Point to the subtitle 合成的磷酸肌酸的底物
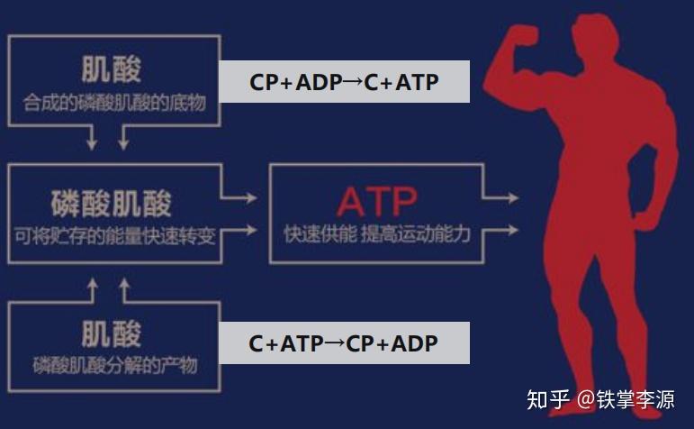[113, 104]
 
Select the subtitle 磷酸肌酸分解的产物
[113, 366]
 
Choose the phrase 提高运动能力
[420, 233]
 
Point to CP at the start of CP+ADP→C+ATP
[263, 82]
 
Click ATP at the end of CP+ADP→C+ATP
[417, 82]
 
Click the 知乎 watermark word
[547, 397]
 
